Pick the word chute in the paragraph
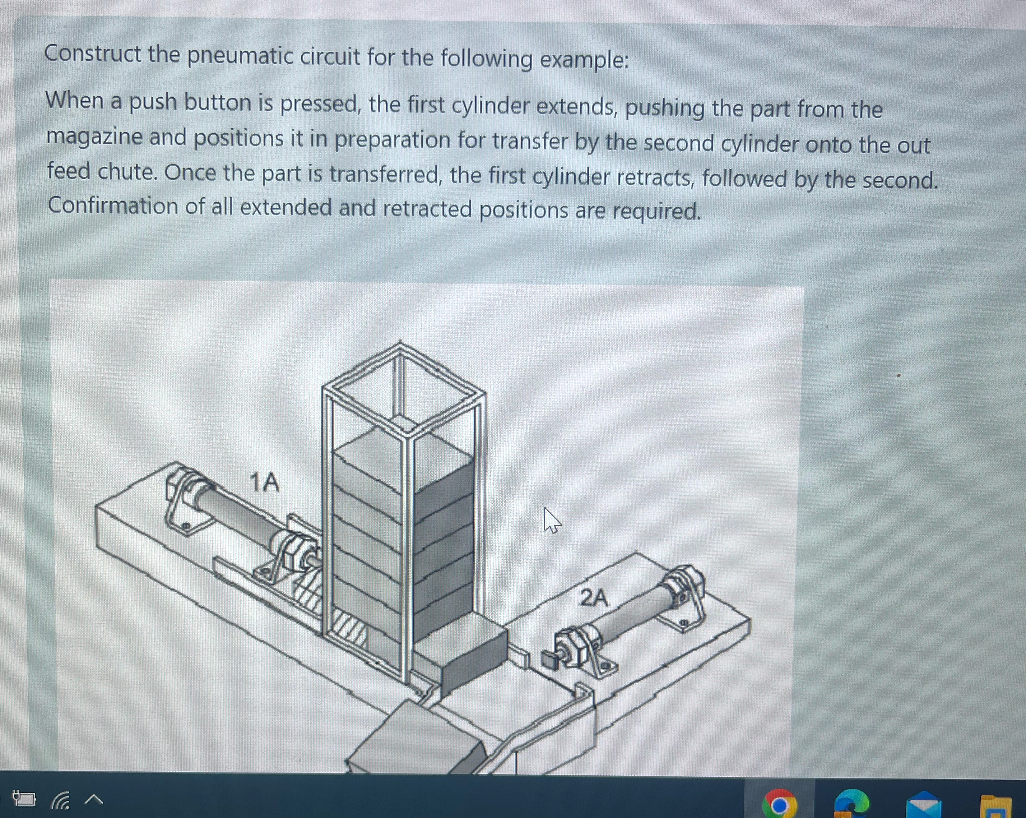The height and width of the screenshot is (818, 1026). click(x=127, y=172)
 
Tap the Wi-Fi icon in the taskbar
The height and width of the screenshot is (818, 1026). click(x=61, y=800)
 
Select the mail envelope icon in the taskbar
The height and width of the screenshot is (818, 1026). click(x=923, y=805)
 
